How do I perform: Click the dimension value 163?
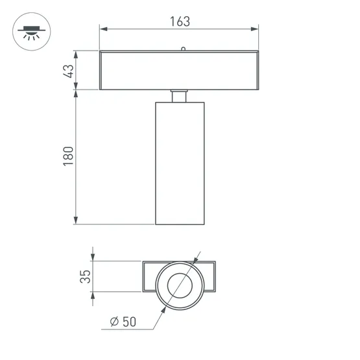click(x=180, y=21)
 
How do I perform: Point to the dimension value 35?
click(x=84, y=277)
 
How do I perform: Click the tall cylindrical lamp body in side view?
click(x=180, y=162)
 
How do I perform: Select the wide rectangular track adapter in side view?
click(x=179, y=70)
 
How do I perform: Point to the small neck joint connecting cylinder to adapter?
click(x=180, y=96)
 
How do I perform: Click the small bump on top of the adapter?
click(x=184, y=48)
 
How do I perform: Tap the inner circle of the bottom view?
click(x=180, y=285)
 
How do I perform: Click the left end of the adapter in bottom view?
click(x=144, y=278)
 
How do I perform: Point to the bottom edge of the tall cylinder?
click(x=180, y=224)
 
